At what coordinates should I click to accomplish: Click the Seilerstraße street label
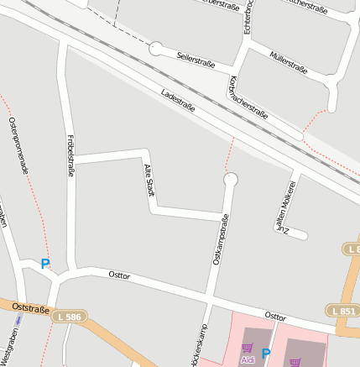196,59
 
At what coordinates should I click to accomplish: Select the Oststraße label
31,309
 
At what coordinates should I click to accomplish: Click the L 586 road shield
70,317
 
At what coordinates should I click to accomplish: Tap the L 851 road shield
344,312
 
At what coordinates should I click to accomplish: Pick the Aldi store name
248,359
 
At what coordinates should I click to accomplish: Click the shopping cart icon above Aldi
247,348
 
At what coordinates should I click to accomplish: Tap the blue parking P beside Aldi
266,354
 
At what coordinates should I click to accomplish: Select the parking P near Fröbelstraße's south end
45,264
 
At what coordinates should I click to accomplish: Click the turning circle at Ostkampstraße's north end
231,179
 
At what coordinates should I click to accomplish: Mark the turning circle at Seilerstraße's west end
155,49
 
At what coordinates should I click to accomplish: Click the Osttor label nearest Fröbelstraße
119,275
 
